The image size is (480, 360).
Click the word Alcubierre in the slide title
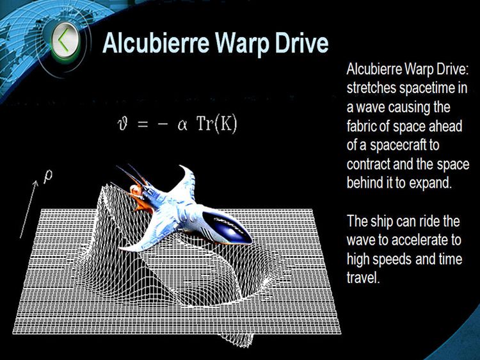pyautogui.click(x=150, y=43)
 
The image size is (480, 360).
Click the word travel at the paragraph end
pyautogui.click(x=362, y=278)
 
